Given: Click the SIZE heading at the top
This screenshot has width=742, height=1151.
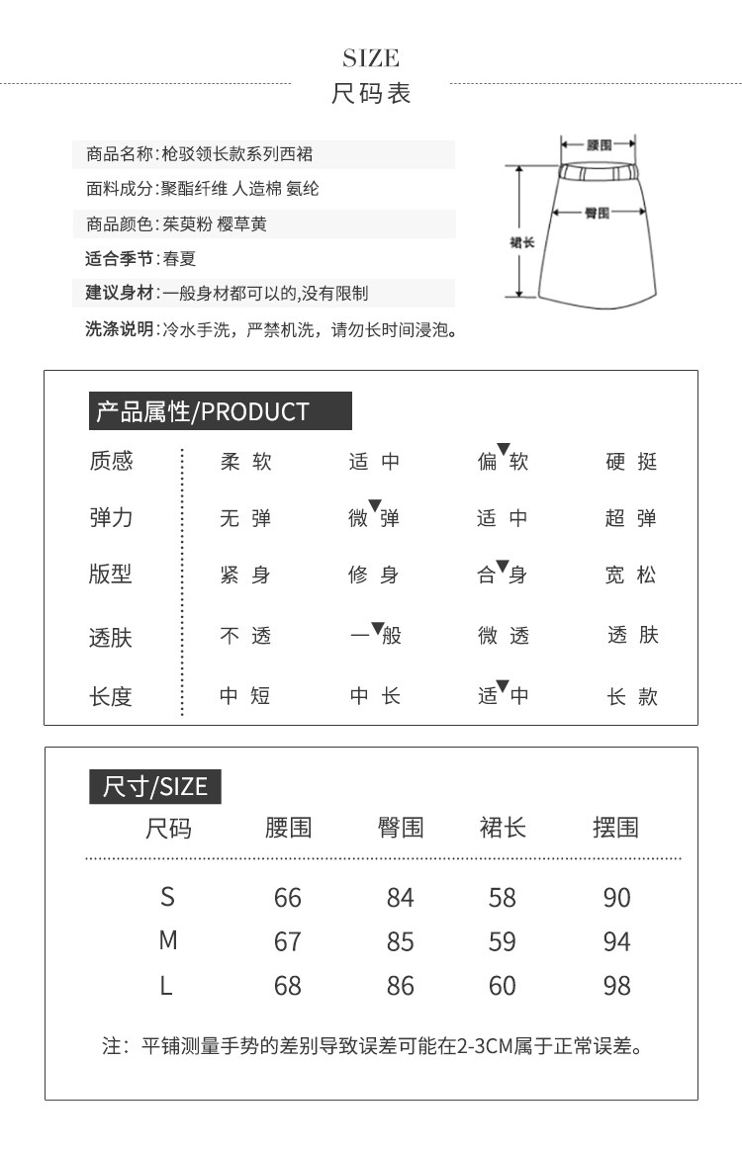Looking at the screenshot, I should [x=371, y=57].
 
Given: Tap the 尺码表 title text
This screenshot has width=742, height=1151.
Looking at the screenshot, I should [x=371, y=94].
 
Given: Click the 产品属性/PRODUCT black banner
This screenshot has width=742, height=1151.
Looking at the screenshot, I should [x=220, y=411].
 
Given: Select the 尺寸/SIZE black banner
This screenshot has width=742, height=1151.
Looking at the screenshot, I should [x=154, y=786].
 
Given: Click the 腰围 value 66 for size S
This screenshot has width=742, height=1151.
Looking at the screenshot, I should [x=287, y=898].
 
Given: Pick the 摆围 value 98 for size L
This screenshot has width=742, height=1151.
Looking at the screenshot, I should [x=616, y=986].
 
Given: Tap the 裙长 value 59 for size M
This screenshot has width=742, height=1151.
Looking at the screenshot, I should [x=503, y=941].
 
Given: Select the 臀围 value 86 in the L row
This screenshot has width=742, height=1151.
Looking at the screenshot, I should [x=401, y=986].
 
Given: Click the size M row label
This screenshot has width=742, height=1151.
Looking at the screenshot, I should [x=168, y=940].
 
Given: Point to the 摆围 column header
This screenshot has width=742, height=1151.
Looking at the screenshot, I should [x=615, y=828].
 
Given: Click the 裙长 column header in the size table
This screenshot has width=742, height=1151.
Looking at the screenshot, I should [x=503, y=828].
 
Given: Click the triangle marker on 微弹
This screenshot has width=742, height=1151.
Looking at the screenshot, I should [x=375, y=506].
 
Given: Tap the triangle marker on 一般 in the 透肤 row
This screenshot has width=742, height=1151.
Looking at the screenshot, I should [x=377, y=627].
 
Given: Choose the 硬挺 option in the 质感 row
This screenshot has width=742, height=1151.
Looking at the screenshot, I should [x=631, y=462].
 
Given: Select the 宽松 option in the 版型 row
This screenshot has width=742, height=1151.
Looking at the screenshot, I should [x=631, y=575].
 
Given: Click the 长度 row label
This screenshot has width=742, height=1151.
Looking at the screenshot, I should [x=110, y=696].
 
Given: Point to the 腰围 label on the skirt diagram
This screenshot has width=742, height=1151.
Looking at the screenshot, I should [x=599, y=144].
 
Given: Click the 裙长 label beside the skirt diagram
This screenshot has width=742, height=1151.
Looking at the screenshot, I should [x=522, y=241].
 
